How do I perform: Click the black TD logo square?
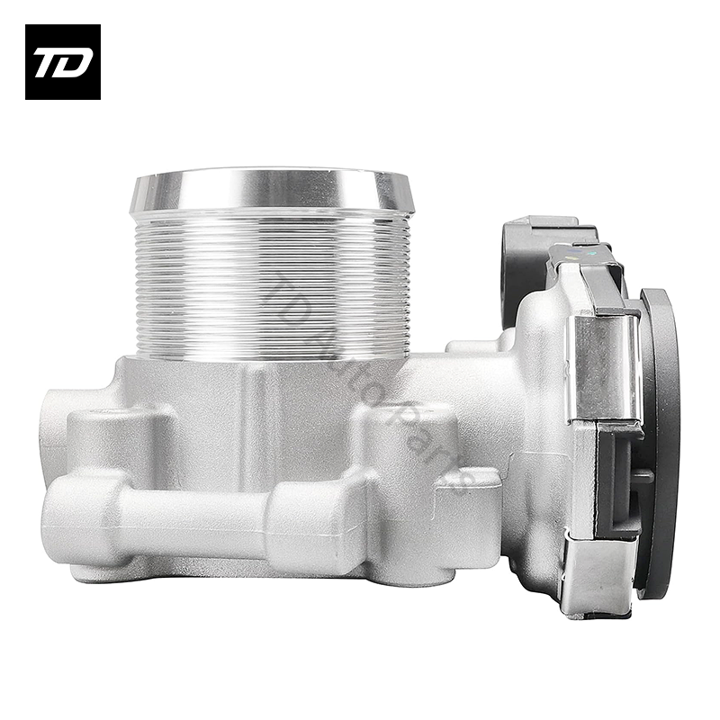pyautogui.click(x=62, y=61)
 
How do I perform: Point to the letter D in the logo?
pyautogui.click(x=76, y=62)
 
